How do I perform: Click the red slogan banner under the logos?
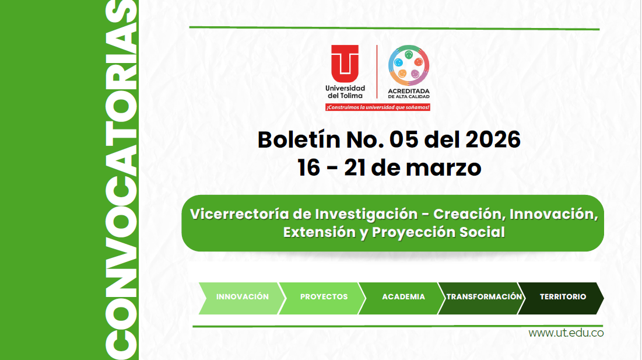point(378,107)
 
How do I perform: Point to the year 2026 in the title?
point(492,140)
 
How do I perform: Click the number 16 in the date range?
point(309,168)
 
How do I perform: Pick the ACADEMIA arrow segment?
point(403,297)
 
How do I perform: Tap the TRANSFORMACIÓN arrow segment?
point(483,297)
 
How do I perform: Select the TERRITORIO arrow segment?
point(562,297)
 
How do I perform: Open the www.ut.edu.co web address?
point(566,333)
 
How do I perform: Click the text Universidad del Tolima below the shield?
point(345,92)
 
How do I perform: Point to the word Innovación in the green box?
point(553,214)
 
